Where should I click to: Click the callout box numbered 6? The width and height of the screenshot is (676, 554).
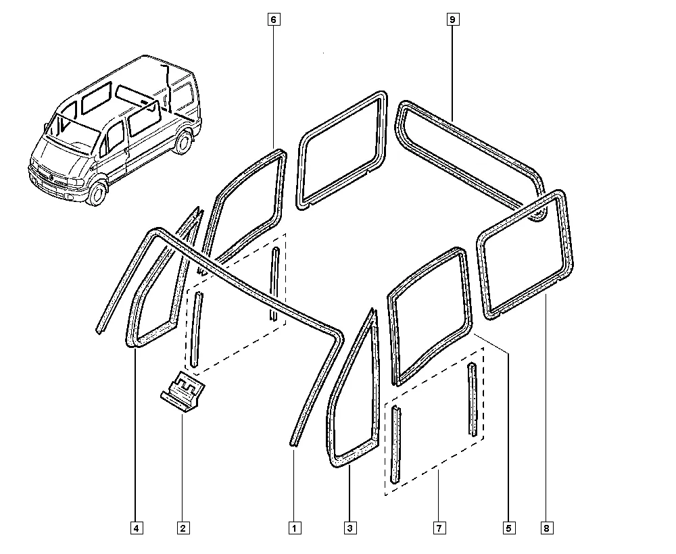[x=274, y=20]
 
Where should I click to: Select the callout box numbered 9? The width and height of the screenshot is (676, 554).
[x=452, y=20]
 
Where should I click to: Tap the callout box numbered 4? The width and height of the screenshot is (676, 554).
[x=137, y=528]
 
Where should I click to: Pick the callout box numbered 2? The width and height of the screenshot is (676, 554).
[x=183, y=528]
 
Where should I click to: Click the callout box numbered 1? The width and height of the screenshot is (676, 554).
[x=295, y=528]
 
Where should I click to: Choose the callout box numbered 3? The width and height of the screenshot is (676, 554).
[x=350, y=528]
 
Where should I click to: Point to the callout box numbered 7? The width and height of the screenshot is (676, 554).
[x=439, y=528]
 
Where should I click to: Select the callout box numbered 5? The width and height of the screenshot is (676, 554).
[x=509, y=528]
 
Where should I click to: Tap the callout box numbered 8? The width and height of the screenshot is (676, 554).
[x=547, y=528]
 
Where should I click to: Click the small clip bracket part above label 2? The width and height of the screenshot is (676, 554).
[x=183, y=391]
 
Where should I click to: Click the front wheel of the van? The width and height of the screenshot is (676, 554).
[x=97, y=193]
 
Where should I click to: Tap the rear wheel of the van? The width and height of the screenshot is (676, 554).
[x=184, y=142]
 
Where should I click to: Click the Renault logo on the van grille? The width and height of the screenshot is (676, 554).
[x=51, y=178]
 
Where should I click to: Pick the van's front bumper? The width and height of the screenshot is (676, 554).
[x=56, y=190]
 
